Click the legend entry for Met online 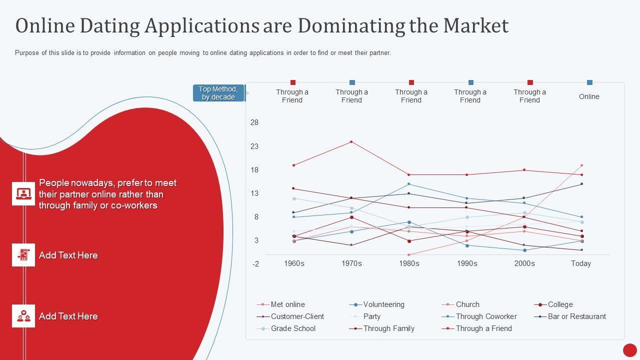[287, 304]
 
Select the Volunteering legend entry [383, 304]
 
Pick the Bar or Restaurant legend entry [576, 316]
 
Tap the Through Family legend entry [388, 328]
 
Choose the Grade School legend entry [292, 328]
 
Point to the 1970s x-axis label [351, 263]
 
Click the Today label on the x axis [581, 263]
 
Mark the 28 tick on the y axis [254, 122]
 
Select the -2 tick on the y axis [255, 264]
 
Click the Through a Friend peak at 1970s [351, 141]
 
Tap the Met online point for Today [581, 165]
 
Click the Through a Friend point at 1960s [294, 165]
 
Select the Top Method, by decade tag [218, 93]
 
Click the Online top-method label [589, 96]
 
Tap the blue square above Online [589, 82]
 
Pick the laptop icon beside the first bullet [23, 193]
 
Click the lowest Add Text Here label [68, 316]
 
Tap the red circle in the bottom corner [630, 350]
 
